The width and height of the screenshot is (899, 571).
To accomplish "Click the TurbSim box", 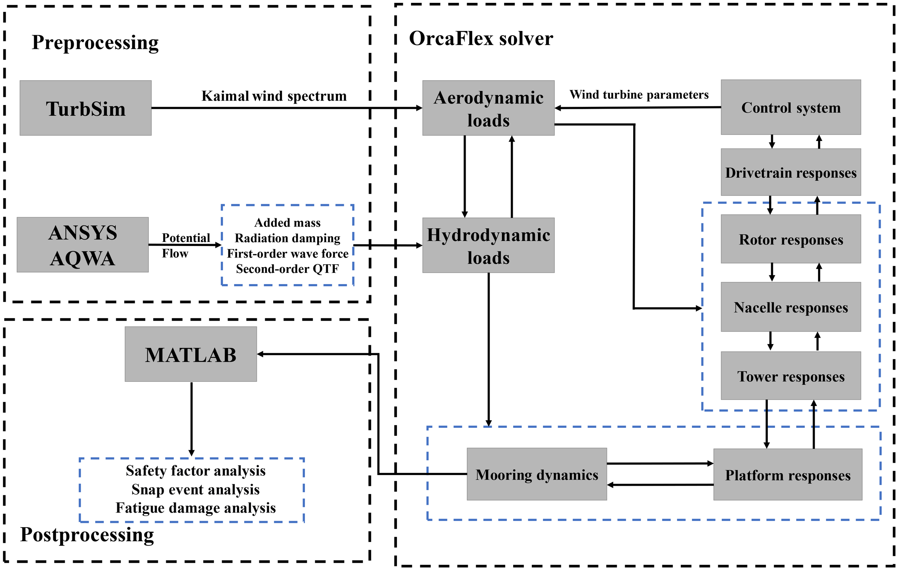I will [86, 108].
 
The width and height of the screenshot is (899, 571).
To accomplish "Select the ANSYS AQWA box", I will [82, 245].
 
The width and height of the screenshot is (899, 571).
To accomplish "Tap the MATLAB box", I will [191, 354].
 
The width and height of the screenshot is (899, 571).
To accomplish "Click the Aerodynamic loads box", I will [488, 108].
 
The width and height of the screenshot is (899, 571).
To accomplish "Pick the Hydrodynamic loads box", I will [488, 245].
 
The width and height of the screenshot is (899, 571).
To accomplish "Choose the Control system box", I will [791, 107].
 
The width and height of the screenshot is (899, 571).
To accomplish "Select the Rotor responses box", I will [791, 239].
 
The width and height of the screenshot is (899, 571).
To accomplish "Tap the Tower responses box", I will [791, 376].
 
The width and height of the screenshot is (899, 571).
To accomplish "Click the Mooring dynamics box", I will [537, 474].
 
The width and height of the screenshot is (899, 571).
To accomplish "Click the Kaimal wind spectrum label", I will [274, 96].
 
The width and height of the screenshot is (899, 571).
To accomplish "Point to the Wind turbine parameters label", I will [639, 95].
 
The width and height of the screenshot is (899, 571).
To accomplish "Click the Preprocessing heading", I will [95, 42].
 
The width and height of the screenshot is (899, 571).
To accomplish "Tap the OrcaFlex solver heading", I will [481, 38].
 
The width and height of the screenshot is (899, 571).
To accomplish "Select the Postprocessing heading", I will [87, 534].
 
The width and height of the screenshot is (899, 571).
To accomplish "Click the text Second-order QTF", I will [287, 269].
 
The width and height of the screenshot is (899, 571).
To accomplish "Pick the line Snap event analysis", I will [195, 489].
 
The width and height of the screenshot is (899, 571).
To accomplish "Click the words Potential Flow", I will [186, 245].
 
